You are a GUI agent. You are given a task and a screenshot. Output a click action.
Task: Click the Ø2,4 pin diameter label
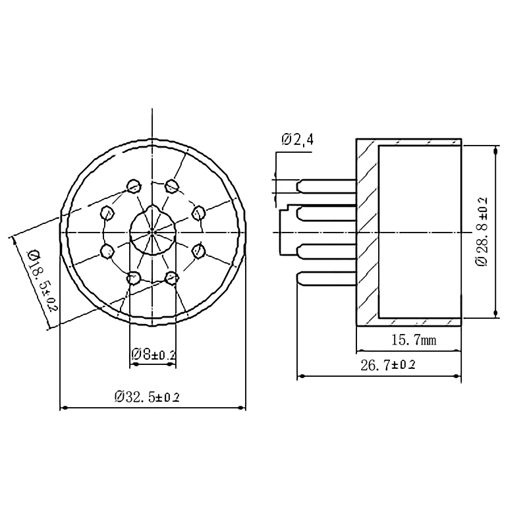298,140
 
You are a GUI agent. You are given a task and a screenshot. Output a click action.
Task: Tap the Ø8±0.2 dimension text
153,354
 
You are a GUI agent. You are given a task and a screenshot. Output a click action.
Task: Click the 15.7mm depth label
408,340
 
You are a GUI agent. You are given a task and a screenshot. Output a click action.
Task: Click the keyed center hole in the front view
152,232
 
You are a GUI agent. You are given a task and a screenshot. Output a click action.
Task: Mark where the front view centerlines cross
152,232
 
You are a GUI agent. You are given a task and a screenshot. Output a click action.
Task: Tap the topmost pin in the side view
326,186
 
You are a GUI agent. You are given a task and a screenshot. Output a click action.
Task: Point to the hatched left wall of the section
367,231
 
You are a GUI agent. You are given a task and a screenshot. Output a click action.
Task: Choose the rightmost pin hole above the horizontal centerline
198,212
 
